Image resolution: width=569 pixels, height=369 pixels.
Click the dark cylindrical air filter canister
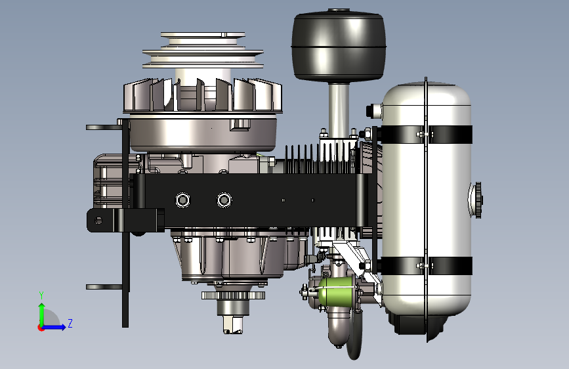tap(338, 45)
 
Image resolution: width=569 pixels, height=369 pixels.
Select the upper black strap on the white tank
tap(427, 135)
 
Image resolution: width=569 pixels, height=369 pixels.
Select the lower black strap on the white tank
tap(427, 266)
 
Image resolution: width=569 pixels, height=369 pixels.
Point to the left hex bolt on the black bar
tap(182, 200)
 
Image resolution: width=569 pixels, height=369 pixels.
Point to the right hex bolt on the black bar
tap(224, 200)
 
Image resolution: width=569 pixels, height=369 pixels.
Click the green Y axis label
tap(41, 295)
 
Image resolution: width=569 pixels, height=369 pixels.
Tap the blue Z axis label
tap(70, 323)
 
